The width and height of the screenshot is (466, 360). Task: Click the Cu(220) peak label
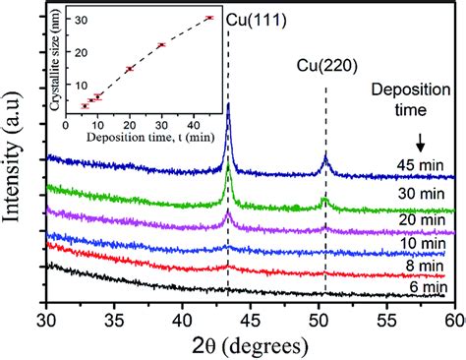[x=326, y=67]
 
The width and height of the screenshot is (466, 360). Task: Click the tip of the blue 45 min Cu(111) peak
[x=229, y=104]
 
